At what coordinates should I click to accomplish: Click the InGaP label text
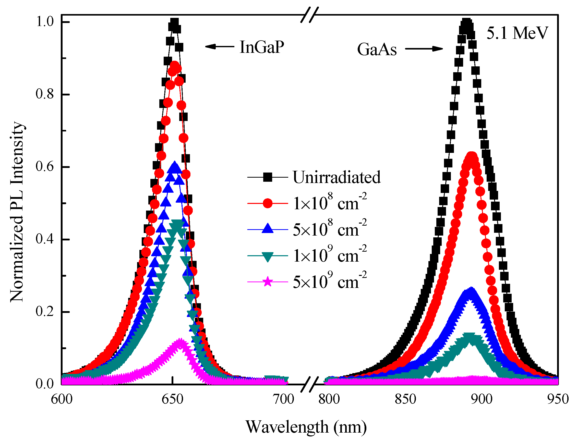pos(261,47)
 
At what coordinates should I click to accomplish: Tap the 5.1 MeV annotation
pos(517,33)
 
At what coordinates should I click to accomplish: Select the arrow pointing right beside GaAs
pos(424,49)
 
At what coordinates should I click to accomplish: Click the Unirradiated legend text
pos(336,177)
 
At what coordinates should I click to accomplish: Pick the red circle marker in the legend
pos(268,203)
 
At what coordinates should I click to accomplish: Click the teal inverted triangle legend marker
pos(268,256)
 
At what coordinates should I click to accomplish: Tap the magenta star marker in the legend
pos(268,282)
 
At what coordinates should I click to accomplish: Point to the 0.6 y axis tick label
pos(44,167)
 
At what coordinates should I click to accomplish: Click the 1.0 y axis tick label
pos(44,21)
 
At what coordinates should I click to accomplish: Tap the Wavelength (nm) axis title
pos(306,427)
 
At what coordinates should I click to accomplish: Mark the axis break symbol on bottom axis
pos(309,384)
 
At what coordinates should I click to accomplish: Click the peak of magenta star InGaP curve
pos(180,341)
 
